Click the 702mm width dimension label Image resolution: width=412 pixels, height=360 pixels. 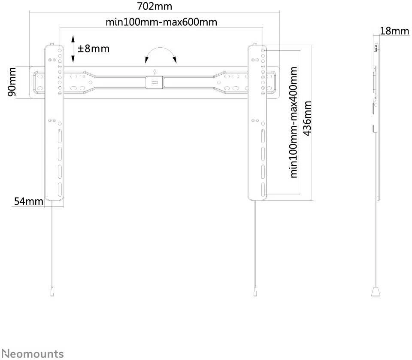click(x=154, y=6)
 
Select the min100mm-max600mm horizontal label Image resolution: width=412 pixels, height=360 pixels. click(x=161, y=22)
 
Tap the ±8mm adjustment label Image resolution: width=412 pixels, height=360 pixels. click(x=94, y=49)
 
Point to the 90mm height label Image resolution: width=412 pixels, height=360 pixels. click(x=12, y=82)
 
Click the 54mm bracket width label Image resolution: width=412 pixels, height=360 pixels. click(x=29, y=201)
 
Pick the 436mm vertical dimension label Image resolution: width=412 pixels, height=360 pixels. click(x=307, y=118)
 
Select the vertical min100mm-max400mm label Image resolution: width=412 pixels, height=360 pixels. click(x=294, y=122)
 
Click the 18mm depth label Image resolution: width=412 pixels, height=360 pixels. click(x=394, y=31)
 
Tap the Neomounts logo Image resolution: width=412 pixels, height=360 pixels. click(x=33, y=354)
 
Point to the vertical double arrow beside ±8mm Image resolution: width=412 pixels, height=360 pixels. click(x=73, y=49)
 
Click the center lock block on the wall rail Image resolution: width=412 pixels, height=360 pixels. click(x=154, y=82)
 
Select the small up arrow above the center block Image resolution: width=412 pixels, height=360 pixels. click(x=155, y=71)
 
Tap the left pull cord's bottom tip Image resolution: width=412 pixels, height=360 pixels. click(x=52, y=296)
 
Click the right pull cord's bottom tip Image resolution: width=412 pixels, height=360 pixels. click(x=255, y=296)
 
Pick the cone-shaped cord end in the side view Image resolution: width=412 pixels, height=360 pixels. click(x=376, y=292)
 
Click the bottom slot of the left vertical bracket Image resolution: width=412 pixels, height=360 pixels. click(x=60, y=189)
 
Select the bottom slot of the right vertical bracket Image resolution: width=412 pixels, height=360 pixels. click(x=263, y=189)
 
